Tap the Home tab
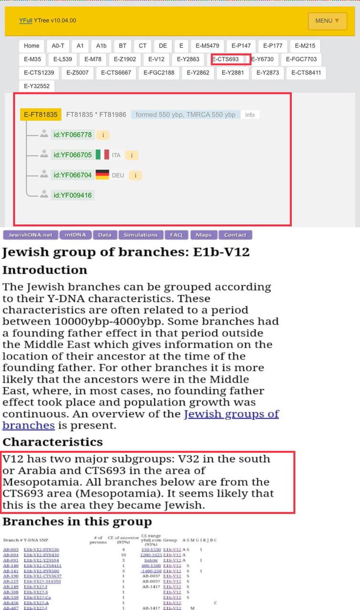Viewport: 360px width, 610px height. tap(32, 46)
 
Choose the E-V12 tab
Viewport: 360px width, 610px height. tap(156, 59)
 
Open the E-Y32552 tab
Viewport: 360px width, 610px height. tap(37, 86)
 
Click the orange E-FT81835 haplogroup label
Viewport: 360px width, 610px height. tap(41, 114)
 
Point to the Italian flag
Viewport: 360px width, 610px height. tap(102, 155)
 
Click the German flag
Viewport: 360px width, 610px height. tap(102, 175)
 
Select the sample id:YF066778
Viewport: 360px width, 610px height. tap(72, 135)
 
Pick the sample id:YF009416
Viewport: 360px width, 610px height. tap(72, 195)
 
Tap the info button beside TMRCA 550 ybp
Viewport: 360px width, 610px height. tap(250, 115)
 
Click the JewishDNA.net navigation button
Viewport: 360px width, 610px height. tap(29, 235)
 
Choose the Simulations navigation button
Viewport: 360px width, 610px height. tap(141, 235)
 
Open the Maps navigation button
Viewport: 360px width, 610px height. tap(203, 235)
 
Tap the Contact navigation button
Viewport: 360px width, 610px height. tap(235, 235)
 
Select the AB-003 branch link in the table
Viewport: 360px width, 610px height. tap(10, 550)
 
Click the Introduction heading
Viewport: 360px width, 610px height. tap(45, 269)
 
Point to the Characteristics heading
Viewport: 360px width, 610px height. tap(53, 441)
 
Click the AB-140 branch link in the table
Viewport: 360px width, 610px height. tap(10, 565)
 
